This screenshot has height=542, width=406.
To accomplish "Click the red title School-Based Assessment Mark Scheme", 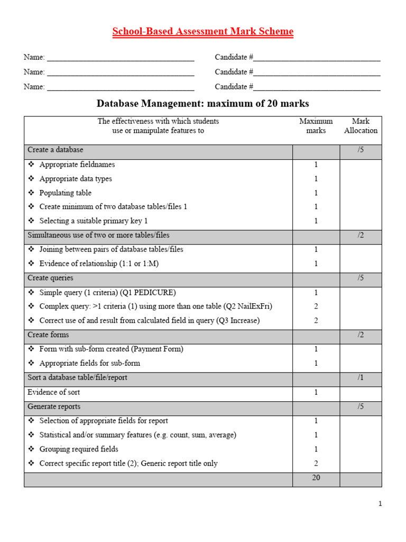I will coord(202,32).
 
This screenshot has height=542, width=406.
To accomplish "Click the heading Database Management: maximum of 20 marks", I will coord(202,103).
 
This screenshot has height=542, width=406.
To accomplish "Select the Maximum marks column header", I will coord(316,126).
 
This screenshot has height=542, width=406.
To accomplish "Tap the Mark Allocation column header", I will coord(361,126).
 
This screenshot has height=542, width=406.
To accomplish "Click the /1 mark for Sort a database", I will coord(361,378).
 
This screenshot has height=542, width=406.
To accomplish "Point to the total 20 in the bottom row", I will coord(316,477).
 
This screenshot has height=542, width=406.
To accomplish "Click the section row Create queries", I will coord(50,278).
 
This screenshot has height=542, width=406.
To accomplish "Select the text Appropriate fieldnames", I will coord(77,165).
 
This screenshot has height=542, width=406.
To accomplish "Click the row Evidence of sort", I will coord(53,392).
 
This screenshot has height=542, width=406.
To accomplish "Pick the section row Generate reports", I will coord(54,406).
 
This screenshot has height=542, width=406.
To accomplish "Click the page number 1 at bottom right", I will coord(380,504).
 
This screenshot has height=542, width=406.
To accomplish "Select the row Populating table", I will coord(66,193).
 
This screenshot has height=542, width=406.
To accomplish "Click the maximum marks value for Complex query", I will coord(316,306).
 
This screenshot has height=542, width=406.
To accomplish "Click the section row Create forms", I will coord(48,335).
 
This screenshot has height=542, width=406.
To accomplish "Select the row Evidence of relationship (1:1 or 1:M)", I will coord(99,264).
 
